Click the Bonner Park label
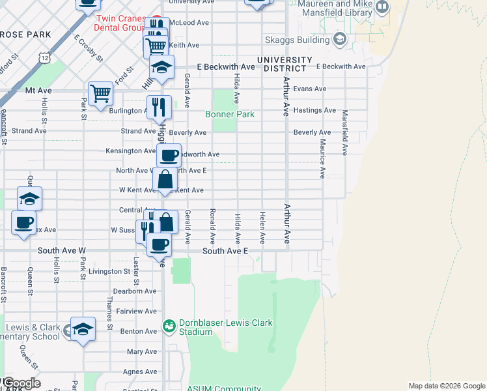229,114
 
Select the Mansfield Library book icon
382,8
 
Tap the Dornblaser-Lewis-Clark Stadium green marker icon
169,325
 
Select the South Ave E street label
225,251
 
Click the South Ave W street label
62,250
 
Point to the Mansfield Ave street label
345,132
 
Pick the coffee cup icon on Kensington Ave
169,156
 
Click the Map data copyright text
446,386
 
